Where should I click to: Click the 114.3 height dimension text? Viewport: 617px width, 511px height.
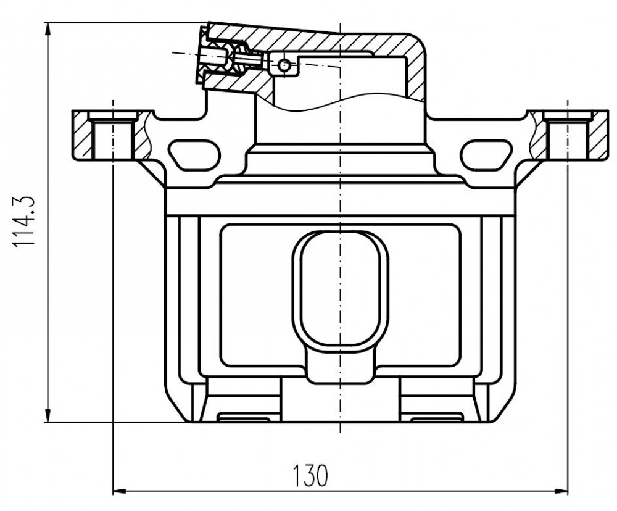tap(25, 222)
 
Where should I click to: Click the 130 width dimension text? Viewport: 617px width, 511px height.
tap(310, 476)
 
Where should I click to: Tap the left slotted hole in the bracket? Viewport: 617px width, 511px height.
tap(194, 155)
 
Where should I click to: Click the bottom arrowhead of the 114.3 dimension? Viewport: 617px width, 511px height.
tap(48, 413)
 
